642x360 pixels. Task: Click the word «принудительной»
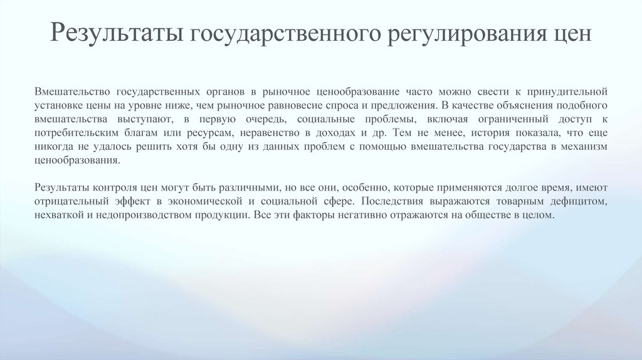(571, 91)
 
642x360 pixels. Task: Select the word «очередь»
(265, 119)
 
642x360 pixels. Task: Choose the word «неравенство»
(268, 132)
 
